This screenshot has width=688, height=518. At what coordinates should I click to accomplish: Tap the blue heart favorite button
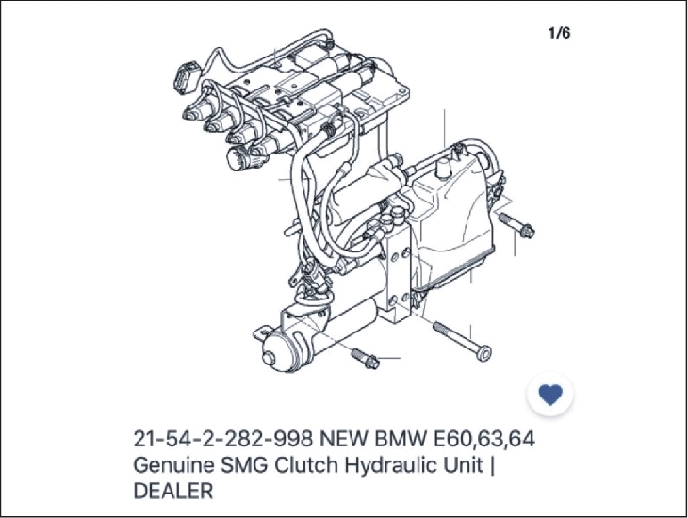pos(550,394)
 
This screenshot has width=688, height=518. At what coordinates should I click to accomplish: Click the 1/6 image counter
pos(560,33)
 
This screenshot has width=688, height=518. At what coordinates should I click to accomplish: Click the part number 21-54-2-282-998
pos(223,438)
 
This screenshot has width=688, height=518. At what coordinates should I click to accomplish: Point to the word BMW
pos(400,438)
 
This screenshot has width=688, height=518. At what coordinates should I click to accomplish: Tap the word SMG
pos(244,464)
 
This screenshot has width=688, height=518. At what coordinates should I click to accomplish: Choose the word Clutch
pos(306,464)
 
